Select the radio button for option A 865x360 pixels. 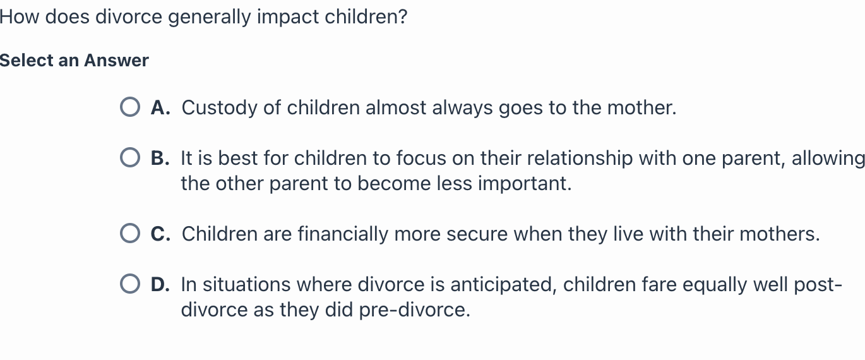click(x=130, y=108)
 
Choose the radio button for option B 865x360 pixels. click(x=130, y=158)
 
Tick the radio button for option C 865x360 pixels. click(x=130, y=234)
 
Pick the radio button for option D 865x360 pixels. click(x=130, y=285)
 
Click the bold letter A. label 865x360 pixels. click(x=160, y=108)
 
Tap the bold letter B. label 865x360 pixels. click(x=160, y=158)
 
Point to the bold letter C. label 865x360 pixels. click(x=160, y=234)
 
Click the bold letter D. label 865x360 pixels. click(x=160, y=285)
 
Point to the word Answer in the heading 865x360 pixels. click(x=116, y=61)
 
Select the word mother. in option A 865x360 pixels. click(x=641, y=108)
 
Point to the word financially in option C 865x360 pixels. click(x=343, y=234)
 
